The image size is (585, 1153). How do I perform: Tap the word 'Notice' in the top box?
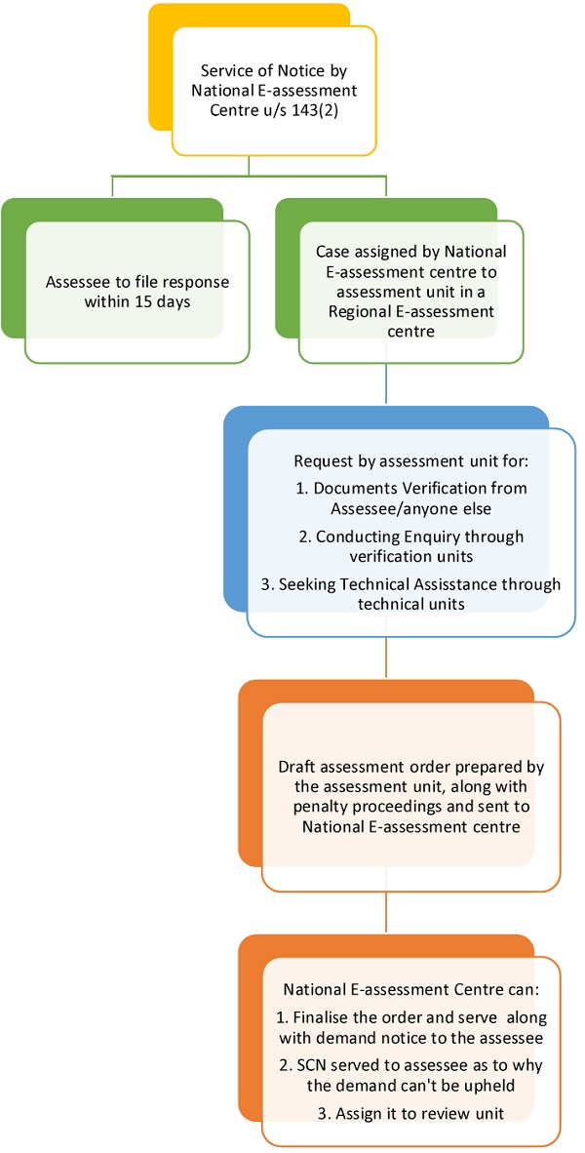pyautogui.click(x=301, y=70)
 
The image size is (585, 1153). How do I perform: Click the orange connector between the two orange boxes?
pyautogui.click(x=386, y=911)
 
